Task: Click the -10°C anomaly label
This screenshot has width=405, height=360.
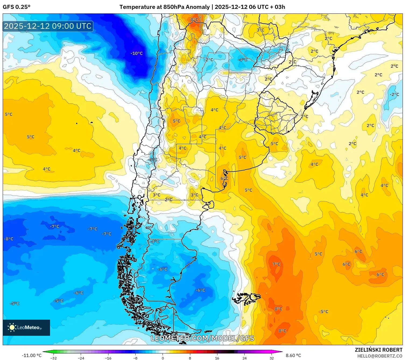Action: (x=136, y=53)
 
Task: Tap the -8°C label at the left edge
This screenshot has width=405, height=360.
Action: (x=9, y=239)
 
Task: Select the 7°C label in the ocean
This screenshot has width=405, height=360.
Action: (x=276, y=264)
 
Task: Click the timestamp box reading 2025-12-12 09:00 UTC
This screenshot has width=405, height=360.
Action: (x=48, y=26)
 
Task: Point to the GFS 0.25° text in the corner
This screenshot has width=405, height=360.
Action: (x=17, y=7)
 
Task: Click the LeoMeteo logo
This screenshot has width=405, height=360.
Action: (x=26, y=327)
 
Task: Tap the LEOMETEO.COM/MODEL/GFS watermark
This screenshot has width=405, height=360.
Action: (x=202, y=338)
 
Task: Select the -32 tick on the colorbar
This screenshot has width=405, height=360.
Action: (x=54, y=358)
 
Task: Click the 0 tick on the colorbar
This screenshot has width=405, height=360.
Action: (x=163, y=358)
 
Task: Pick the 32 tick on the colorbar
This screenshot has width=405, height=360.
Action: (x=272, y=358)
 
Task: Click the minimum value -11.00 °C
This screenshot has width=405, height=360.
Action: (x=32, y=355)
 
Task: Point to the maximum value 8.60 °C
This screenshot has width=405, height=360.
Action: (x=293, y=355)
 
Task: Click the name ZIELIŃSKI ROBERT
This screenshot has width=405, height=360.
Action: (x=378, y=350)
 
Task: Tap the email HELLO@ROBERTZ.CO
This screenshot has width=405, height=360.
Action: (x=380, y=356)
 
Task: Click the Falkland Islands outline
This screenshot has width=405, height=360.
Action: (x=247, y=298)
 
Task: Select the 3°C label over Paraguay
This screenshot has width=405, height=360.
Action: (x=260, y=30)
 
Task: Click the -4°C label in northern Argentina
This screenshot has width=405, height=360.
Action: (x=242, y=59)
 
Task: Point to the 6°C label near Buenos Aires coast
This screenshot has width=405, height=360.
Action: (x=224, y=178)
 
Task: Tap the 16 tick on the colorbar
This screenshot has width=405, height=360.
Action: (x=217, y=358)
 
